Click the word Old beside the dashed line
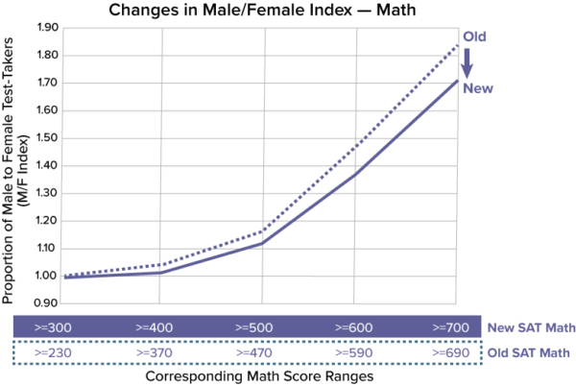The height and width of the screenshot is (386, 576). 475,36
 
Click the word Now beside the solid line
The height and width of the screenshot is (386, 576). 478,88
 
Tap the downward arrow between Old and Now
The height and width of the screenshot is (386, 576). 468,62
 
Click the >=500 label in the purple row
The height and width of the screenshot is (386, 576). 254,327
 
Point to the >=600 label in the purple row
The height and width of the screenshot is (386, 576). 353,327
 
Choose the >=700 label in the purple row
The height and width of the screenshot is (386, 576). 450,327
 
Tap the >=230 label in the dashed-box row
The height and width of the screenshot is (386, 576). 53,353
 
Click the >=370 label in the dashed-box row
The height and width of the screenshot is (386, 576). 154,353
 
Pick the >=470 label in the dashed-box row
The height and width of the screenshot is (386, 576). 254,353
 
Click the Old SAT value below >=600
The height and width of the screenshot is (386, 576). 353,353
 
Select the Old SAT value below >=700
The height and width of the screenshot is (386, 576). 450,353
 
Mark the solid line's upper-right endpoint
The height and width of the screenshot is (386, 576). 457,81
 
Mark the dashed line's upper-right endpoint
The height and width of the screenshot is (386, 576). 458,43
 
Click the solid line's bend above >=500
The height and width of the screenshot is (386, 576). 260,244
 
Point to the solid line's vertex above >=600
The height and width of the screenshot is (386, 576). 357,174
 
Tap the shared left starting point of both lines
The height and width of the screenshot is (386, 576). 63,277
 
